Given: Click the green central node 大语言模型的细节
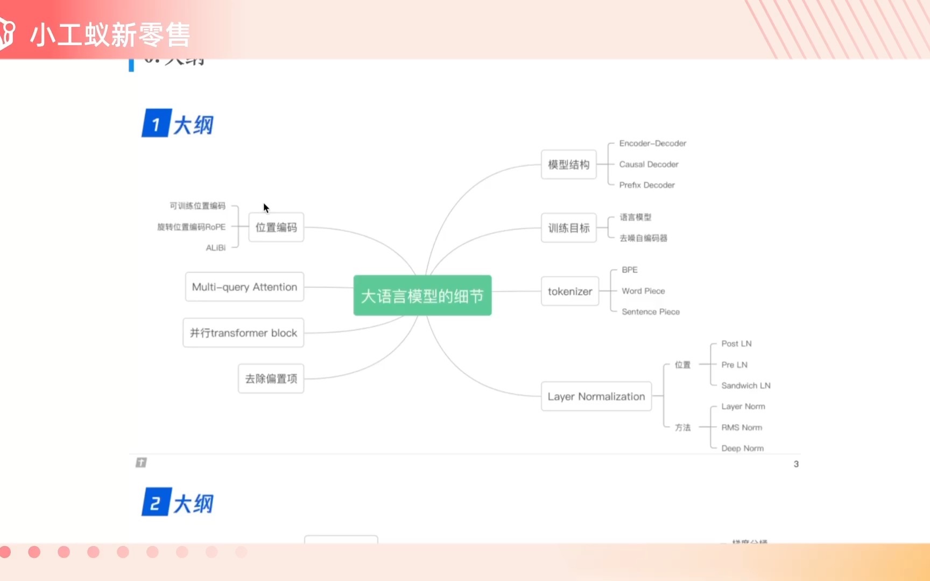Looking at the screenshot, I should [x=422, y=295].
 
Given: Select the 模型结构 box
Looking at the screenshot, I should [x=568, y=165].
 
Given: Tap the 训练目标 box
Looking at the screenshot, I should [x=568, y=228].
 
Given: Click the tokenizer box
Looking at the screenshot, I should [x=569, y=292].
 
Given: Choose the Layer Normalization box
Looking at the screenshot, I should [x=596, y=396].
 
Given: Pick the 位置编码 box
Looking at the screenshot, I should [x=276, y=228].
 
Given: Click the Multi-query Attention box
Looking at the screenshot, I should [x=244, y=287].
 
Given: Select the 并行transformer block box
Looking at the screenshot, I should [x=243, y=333].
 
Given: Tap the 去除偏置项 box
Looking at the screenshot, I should [x=271, y=379].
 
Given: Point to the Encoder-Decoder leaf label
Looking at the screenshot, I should [x=652, y=144].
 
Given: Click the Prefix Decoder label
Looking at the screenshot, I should [x=646, y=185].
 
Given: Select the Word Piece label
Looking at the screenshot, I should [x=643, y=291].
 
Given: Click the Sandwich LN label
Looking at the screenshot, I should [x=745, y=386].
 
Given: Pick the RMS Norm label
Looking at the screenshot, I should [x=741, y=428].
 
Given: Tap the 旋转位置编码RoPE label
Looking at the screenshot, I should [x=191, y=227].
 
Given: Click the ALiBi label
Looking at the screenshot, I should [x=215, y=248].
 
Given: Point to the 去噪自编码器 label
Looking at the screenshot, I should [x=643, y=238].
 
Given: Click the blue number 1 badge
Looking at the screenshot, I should [x=156, y=124].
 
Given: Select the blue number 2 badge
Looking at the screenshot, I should [x=156, y=502].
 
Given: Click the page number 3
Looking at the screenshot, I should [x=796, y=464].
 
